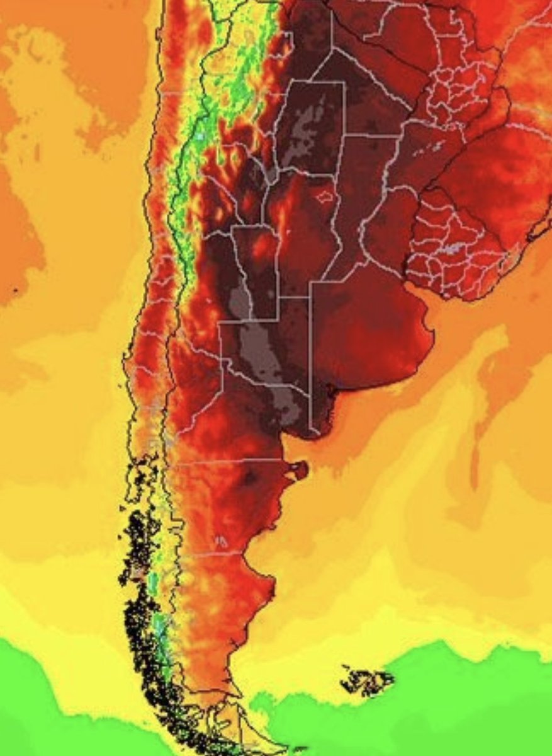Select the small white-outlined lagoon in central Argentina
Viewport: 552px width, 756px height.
click(324, 197)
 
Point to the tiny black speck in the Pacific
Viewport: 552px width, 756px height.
click(14, 291)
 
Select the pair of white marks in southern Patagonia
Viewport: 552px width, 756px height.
click(221, 541)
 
